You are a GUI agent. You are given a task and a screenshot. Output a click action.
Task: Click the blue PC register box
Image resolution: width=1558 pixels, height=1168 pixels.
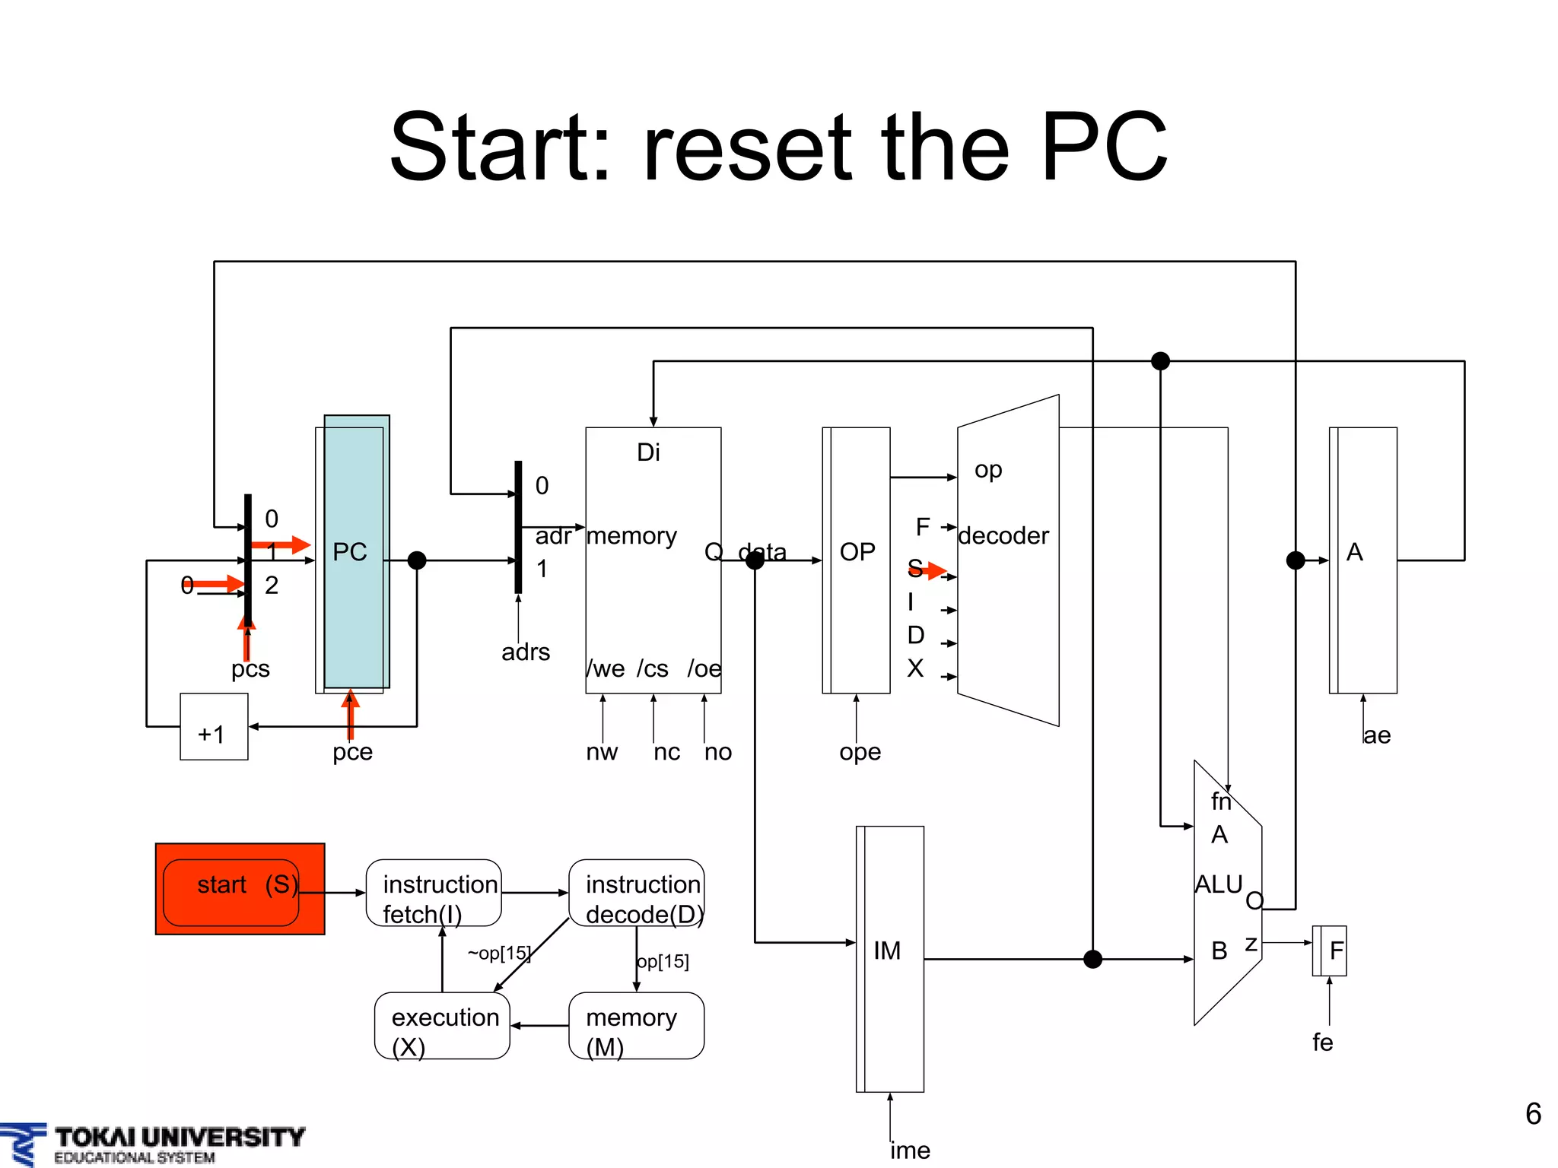356,551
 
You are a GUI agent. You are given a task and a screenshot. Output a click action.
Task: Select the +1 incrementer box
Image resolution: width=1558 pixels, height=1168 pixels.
214,727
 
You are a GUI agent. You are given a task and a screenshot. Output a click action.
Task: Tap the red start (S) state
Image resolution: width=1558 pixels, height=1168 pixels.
240,888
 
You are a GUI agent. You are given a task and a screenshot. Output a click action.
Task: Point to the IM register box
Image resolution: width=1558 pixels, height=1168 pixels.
890,958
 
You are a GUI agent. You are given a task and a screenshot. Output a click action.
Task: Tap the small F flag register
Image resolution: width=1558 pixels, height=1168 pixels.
1330,951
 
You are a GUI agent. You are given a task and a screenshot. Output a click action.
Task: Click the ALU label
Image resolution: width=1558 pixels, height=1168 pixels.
1218,884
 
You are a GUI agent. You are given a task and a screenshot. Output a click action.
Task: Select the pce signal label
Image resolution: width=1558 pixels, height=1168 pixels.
352,752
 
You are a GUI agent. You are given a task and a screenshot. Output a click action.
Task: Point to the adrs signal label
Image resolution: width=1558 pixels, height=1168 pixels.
526,652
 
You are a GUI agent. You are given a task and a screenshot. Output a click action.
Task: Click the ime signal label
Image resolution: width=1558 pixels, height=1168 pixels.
910,1151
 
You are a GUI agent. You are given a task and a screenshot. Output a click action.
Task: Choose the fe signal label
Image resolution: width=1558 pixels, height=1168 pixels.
1322,1043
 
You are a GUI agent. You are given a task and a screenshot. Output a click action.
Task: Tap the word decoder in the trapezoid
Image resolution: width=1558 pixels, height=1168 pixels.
1003,536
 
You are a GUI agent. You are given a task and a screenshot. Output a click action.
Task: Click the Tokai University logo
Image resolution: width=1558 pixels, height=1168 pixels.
152,1144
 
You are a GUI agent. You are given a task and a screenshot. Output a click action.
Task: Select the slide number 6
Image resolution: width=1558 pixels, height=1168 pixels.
1533,1114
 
